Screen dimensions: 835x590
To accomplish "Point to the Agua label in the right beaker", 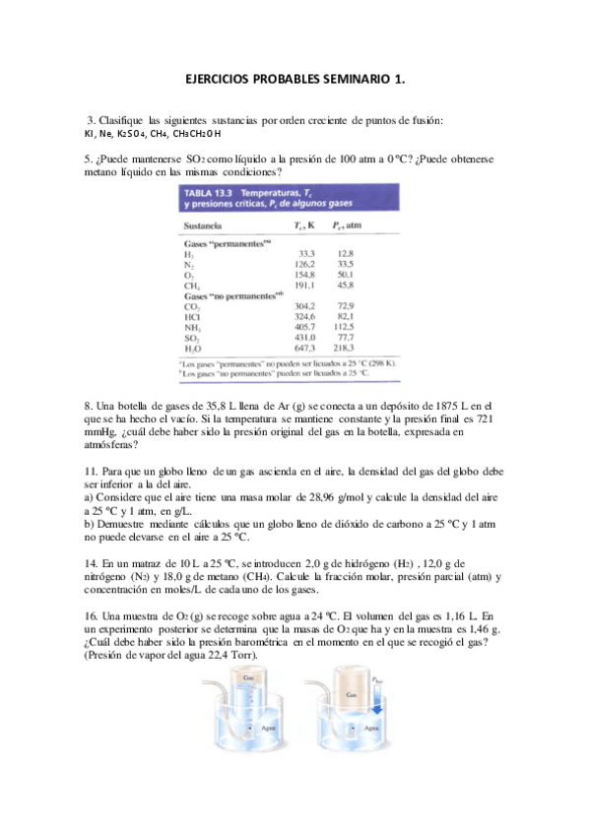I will (370, 728).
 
